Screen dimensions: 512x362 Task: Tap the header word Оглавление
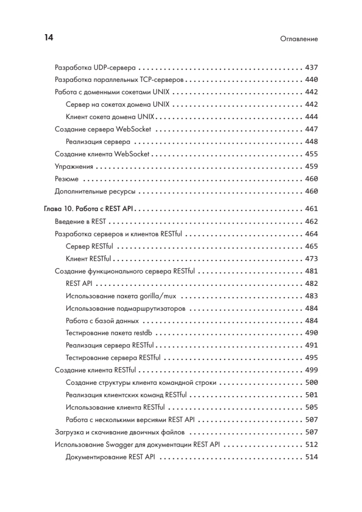coord(299,39)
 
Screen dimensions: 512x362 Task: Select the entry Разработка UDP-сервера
coord(96,67)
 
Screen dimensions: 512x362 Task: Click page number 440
coord(312,80)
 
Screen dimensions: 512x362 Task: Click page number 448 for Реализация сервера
coord(312,142)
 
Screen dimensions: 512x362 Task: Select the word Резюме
coord(67,179)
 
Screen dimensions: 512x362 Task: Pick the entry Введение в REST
coord(81,221)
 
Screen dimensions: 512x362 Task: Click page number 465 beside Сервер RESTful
coord(312,246)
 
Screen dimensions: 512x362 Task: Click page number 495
coord(312,358)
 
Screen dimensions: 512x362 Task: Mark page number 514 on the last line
coord(312,457)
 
